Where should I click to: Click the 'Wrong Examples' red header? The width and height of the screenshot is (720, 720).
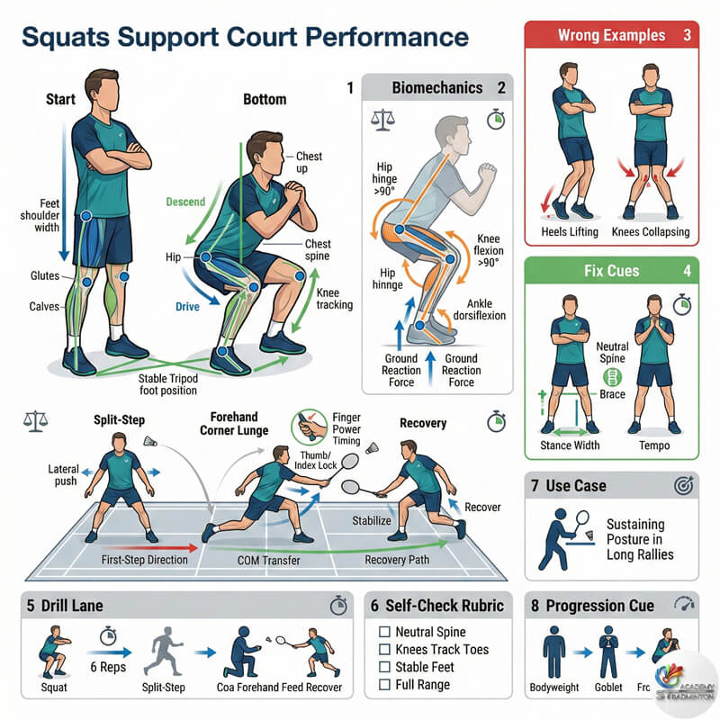pyautogui.click(x=612, y=36)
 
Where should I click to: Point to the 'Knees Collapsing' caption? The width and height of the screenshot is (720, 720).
pyautogui.click(x=650, y=232)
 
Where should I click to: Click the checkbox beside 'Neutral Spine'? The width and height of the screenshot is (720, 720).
pyautogui.click(x=384, y=633)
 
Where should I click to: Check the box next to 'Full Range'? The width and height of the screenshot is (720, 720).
pyautogui.click(x=384, y=684)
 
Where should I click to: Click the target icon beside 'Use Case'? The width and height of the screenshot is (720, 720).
pyautogui.click(x=680, y=486)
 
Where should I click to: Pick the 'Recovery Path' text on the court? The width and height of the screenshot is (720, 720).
pyautogui.click(x=400, y=560)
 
